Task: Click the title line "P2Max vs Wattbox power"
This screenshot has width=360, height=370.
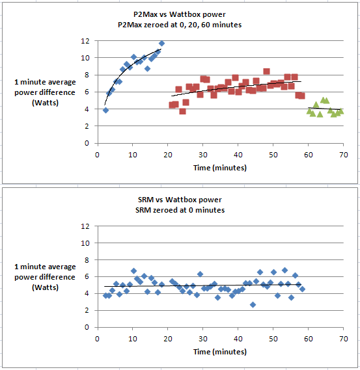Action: click(180, 14)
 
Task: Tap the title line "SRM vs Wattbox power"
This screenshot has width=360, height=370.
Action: click(180, 200)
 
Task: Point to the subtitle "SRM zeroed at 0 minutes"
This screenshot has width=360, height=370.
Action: click(180, 210)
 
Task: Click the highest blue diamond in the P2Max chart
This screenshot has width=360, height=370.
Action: click(162, 44)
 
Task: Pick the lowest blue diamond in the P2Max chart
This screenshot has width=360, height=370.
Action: click(106, 110)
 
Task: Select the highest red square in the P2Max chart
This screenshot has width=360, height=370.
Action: click(266, 72)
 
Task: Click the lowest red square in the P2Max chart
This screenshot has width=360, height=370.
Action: click(182, 111)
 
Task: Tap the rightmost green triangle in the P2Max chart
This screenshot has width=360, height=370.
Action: click(340, 111)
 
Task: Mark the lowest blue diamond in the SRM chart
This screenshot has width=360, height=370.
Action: click(253, 304)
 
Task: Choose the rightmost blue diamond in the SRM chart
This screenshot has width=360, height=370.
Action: click(302, 289)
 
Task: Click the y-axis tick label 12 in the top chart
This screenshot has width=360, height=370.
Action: click(85, 41)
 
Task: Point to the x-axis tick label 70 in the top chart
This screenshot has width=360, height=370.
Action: click(344, 155)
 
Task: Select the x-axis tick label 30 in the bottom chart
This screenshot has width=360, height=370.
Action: click(202, 339)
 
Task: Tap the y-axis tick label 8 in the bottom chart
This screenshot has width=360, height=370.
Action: click(87, 260)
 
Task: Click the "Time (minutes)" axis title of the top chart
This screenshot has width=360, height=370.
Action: click(220, 168)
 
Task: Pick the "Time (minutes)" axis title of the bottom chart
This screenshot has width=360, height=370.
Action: click(220, 352)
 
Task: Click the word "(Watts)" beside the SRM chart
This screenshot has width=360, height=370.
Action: click(45, 287)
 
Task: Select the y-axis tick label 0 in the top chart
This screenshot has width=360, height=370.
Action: click(87, 143)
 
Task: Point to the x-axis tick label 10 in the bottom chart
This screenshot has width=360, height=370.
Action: click(133, 339)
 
